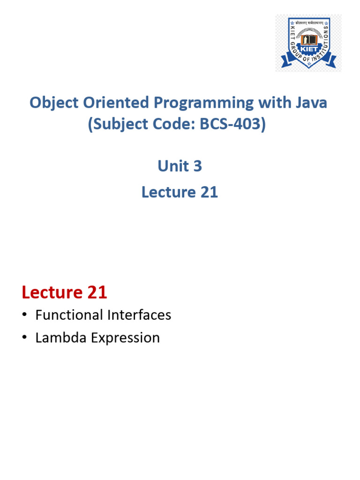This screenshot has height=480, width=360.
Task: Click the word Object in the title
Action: tap(54, 103)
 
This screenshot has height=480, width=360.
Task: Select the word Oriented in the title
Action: tap(116, 102)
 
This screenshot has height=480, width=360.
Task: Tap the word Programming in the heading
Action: tap(203, 103)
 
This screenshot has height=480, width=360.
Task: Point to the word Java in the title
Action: tap(311, 103)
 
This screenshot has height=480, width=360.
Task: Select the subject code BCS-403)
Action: tap(232, 124)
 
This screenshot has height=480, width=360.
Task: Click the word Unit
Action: tap(173, 166)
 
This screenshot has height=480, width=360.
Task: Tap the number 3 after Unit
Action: tap(197, 166)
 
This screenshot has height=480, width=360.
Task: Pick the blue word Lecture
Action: tap(169, 192)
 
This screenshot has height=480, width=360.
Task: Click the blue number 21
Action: tap(209, 192)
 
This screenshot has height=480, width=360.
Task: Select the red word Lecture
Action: tap(52, 292)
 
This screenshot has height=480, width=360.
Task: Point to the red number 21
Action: tap(97, 292)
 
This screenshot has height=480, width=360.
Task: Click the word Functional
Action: tap(69, 315)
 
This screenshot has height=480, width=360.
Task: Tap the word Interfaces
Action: tap(139, 315)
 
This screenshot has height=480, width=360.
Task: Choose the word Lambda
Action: tap(61, 337)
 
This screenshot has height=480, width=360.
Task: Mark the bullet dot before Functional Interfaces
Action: tap(24, 315)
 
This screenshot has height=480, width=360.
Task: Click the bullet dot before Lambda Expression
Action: tap(24, 337)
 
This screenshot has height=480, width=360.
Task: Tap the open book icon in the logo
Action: tap(309, 40)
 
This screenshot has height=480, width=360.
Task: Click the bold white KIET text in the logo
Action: tap(309, 49)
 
